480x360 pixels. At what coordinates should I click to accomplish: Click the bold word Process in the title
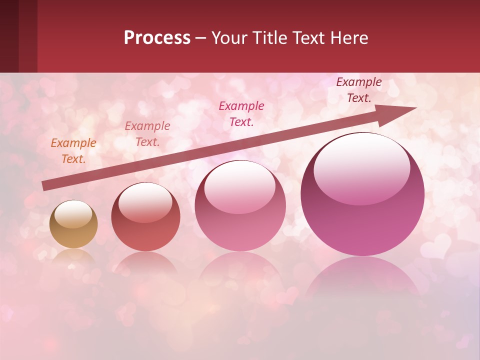click(x=157, y=38)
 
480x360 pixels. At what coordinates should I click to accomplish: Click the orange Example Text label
click(x=73, y=151)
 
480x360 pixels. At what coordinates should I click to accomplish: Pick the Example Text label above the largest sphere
click(x=358, y=90)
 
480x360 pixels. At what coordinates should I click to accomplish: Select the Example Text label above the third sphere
click(x=241, y=113)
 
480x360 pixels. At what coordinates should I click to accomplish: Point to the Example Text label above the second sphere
click(x=147, y=133)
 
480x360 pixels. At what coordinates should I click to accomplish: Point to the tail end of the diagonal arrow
click(x=44, y=186)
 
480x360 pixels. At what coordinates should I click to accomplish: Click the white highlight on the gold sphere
click(x=73, y=214)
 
